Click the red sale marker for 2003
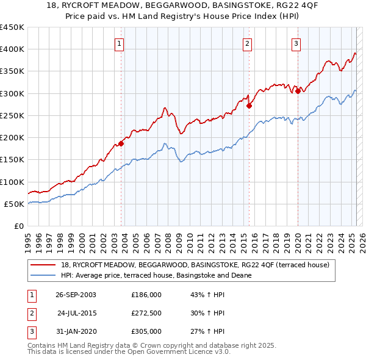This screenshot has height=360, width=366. click(121, 143)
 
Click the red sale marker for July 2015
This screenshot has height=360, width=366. click(249, 106)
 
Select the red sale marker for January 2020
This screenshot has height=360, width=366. click(298, 91)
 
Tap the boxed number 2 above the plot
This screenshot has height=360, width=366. click(247, 43)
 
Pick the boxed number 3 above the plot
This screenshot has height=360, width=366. click(296, 43)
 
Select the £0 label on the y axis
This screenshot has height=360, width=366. click(18, 226)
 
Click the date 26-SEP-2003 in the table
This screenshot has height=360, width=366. click(76, 295)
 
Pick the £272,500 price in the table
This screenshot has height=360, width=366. click(146, 314)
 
